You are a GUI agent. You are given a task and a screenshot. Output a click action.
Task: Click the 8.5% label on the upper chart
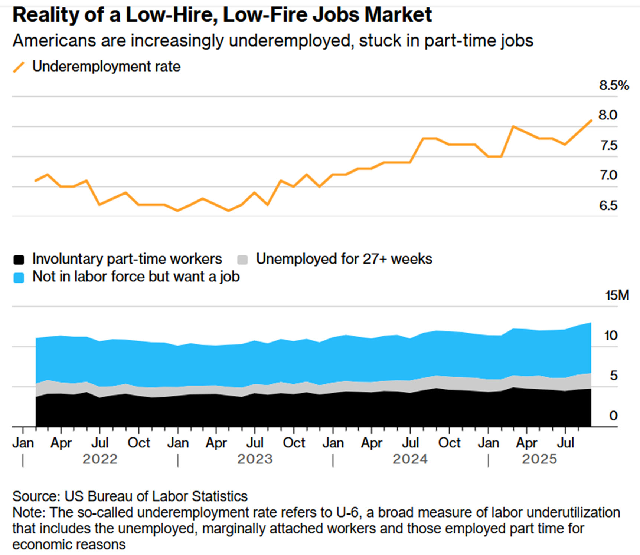614,86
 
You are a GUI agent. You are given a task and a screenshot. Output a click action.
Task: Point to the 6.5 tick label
608,205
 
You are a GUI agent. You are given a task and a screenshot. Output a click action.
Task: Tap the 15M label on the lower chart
617,295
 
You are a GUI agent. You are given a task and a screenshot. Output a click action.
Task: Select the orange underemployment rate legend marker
19,67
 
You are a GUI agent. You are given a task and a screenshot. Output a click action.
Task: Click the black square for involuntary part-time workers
19,260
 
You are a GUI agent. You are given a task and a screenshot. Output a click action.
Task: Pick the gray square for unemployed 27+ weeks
242,260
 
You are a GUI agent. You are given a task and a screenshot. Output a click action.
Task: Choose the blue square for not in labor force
19,278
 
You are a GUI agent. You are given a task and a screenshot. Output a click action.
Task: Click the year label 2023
255,459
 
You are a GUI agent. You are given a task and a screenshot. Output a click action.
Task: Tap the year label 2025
539,459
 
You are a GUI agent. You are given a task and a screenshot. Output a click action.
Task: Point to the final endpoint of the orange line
591,120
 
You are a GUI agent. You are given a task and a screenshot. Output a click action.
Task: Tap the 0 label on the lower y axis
613,416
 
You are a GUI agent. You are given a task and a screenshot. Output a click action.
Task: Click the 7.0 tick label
608,175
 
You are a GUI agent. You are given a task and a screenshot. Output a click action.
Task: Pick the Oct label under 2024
449,443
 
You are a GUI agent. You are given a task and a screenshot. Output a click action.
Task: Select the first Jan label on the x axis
23,443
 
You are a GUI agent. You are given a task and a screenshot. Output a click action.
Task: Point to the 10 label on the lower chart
611,336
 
